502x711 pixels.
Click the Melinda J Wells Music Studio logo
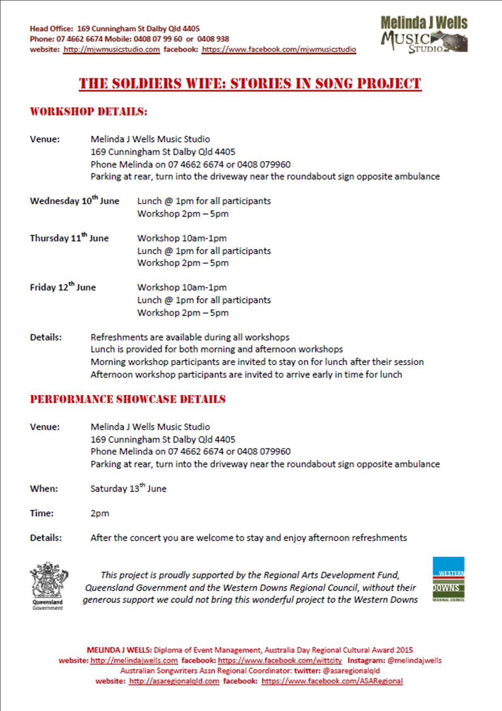pyautogui.click(x=424, y=34)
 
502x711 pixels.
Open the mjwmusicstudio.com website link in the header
pyautogui.click(x=112, y=49)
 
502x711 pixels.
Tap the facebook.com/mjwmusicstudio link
pyautogui.click(x=279, y=49)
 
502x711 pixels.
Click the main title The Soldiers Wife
pyautogui.click(x=250, y=84)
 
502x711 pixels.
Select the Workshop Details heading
pyautogui.click(x=89, y=111)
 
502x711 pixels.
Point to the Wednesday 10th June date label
pyautogui.click(x=74, y=201)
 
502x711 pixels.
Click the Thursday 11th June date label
pyautogui.click(x=69, y=238)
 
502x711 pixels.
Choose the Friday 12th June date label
pyautogui.click(x=63, y=287)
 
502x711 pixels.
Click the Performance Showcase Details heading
pyautogui.click(x=128, y=399)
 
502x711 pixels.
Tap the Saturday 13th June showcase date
pyautogui.click(x=128, y=488)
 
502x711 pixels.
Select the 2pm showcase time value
pyautogui.click(x=100, y=513)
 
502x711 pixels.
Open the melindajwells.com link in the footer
pyautogui.click(x=134, y=660)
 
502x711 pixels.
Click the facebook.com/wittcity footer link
pyautogui.click(x=280, y=660)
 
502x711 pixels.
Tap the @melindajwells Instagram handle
pyautogui.click(x=414, y=660)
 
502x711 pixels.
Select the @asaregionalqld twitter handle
pyautogui.click(x=351, y=671)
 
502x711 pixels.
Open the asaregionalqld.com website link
pyautogui.click(x=174, y=681)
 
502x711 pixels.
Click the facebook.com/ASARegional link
pyautogui.click(x=332, y=681)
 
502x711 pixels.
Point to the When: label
pyautogui.click(x=44, y=489)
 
